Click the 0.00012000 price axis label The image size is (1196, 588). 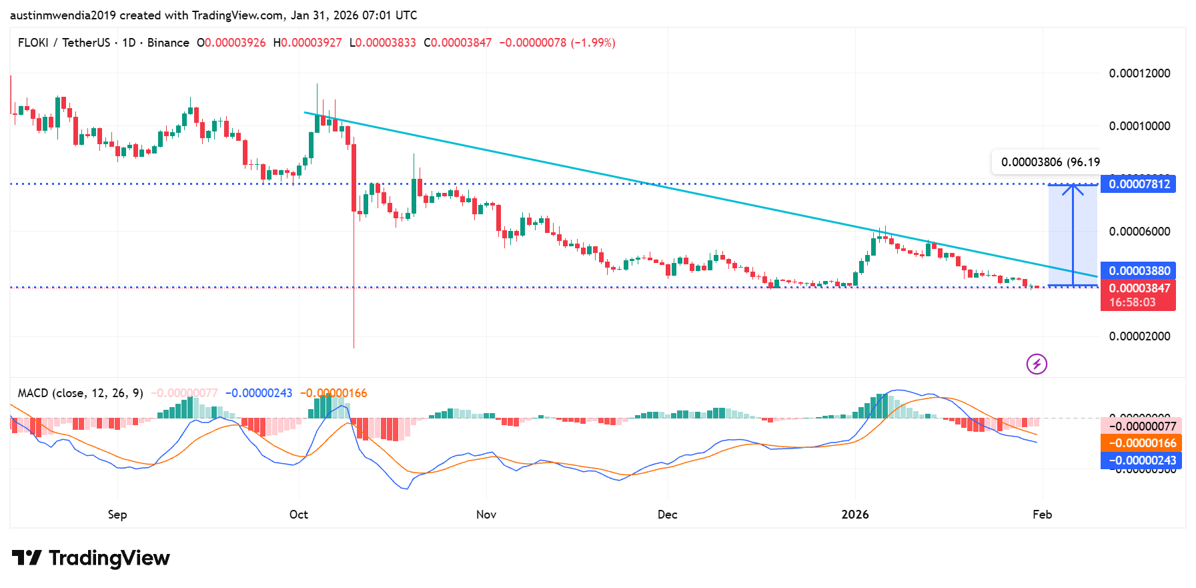click(x=1139, y=73)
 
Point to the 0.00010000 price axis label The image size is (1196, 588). click(x=1139, y=126)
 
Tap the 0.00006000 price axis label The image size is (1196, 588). click(x=1139, y=232)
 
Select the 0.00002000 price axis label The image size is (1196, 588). click(x=1139, y=336)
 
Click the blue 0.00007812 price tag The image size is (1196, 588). click(x=1138, y=184)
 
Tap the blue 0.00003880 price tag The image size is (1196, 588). click(x=1138, y=271)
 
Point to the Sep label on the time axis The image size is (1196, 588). click(x=117, y=515)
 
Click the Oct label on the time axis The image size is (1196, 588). click(x=299, y=515)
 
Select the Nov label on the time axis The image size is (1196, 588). click(x=486, y=515)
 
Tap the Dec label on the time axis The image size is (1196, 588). click(x=667, y=515)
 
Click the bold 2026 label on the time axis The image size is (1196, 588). click(x=855, y=515)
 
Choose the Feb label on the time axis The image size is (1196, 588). click(x=1042, y=515)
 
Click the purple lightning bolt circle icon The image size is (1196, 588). click(x=1037, y=364)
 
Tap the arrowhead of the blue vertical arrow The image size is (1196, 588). click(x=1073, y=190)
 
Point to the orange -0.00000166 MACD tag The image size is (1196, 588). click(x=1141, y=443)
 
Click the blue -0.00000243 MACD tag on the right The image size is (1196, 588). click(x=1141, y=461)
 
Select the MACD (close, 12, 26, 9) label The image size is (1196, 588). click(x=80, y=393)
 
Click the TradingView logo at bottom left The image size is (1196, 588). click(x=91, y=558)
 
